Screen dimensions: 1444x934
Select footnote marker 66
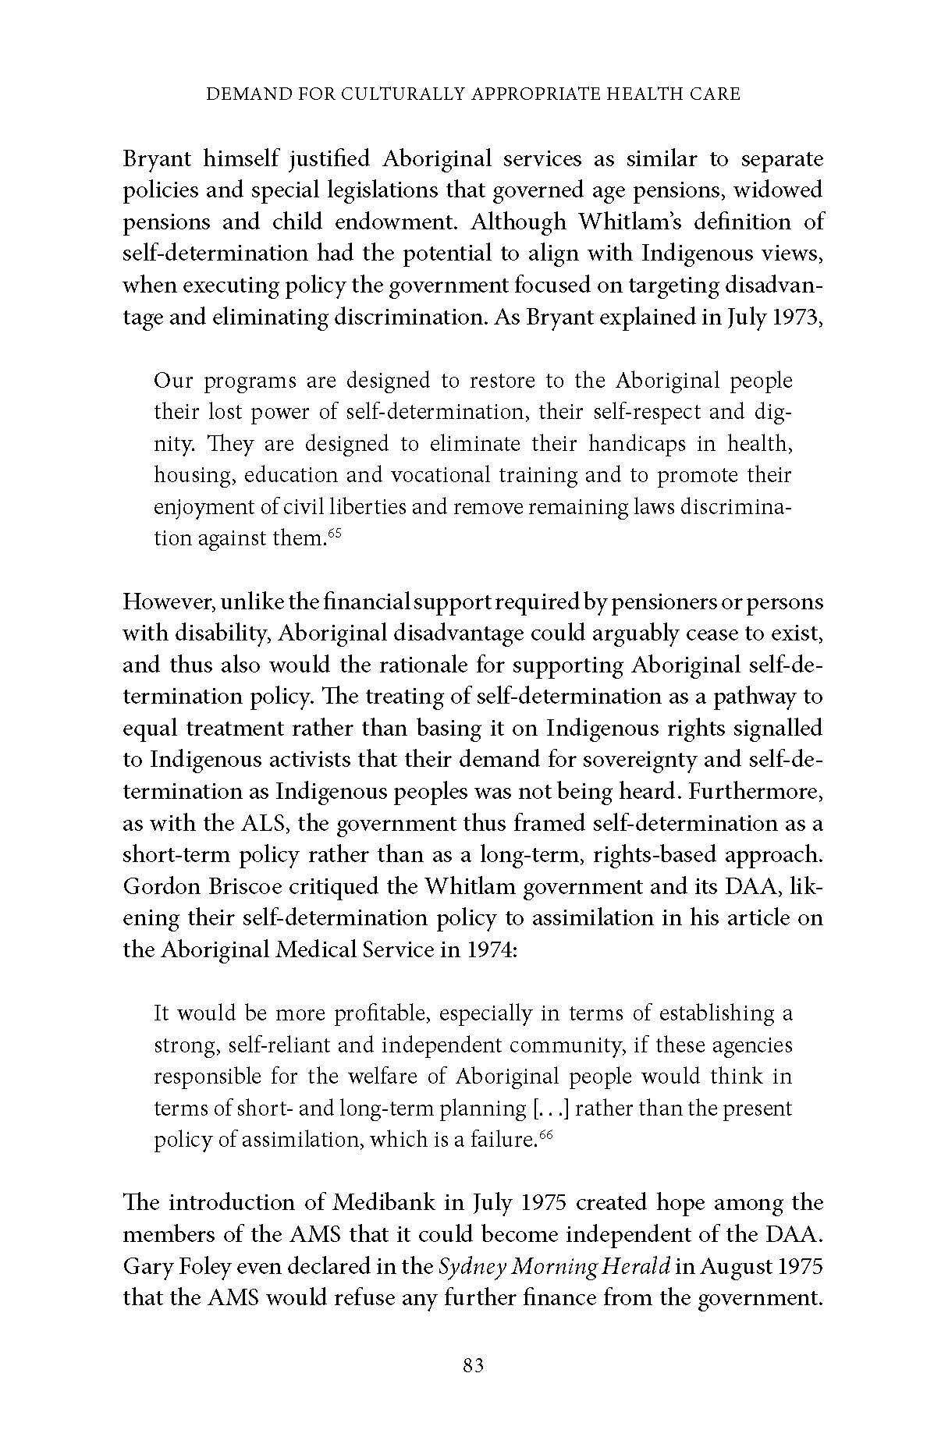click(x=545, y=1135)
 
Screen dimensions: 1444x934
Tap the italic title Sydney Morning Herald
click(x=554, y=1266)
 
